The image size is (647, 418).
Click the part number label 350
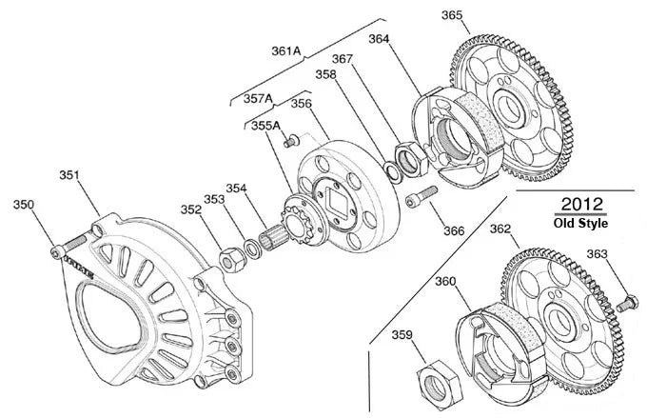click(x=23, y=205)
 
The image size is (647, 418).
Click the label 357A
click(x=258, y=98)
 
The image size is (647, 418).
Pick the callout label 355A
click(x=265, y=126)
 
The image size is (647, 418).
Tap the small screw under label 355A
click(x=287, y=144)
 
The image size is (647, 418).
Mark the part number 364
click(x=379, y=40)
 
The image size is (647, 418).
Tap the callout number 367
click(x=343, y=59)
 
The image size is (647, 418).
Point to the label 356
click(x=301, y=104)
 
